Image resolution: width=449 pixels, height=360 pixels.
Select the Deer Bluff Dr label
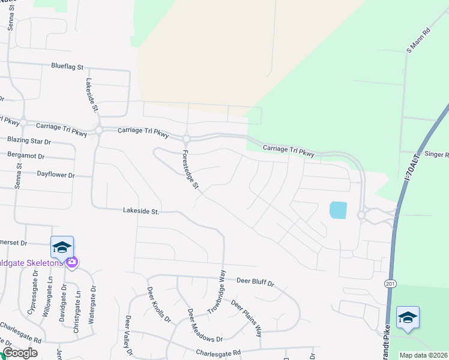coord(255,281)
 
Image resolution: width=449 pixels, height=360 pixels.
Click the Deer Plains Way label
coord(247,318)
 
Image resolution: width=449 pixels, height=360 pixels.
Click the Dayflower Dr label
coord(55,175)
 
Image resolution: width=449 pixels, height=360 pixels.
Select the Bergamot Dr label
coord(41,155)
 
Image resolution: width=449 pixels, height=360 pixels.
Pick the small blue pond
coord(338,209)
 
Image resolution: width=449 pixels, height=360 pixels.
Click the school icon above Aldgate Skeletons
coord(62,247)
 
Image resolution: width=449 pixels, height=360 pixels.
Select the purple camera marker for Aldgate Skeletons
coord(72,262)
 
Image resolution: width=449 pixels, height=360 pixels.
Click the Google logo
coord(20,353)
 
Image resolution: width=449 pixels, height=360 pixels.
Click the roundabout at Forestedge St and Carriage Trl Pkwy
coord(186,139)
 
